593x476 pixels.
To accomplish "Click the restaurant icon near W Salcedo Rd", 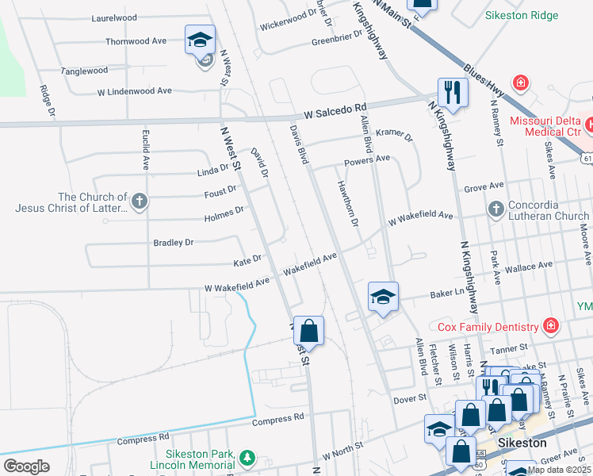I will pos(453,92).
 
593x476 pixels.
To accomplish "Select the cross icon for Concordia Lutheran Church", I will pos(495,210).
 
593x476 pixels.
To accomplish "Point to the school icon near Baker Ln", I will pos(383,297).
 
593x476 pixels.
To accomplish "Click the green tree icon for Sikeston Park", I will pos(247,457).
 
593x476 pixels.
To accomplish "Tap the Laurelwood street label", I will pos(114,17).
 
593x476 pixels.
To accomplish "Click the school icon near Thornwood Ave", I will pos(201,40).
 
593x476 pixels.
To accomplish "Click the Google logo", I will pos(27,466).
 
